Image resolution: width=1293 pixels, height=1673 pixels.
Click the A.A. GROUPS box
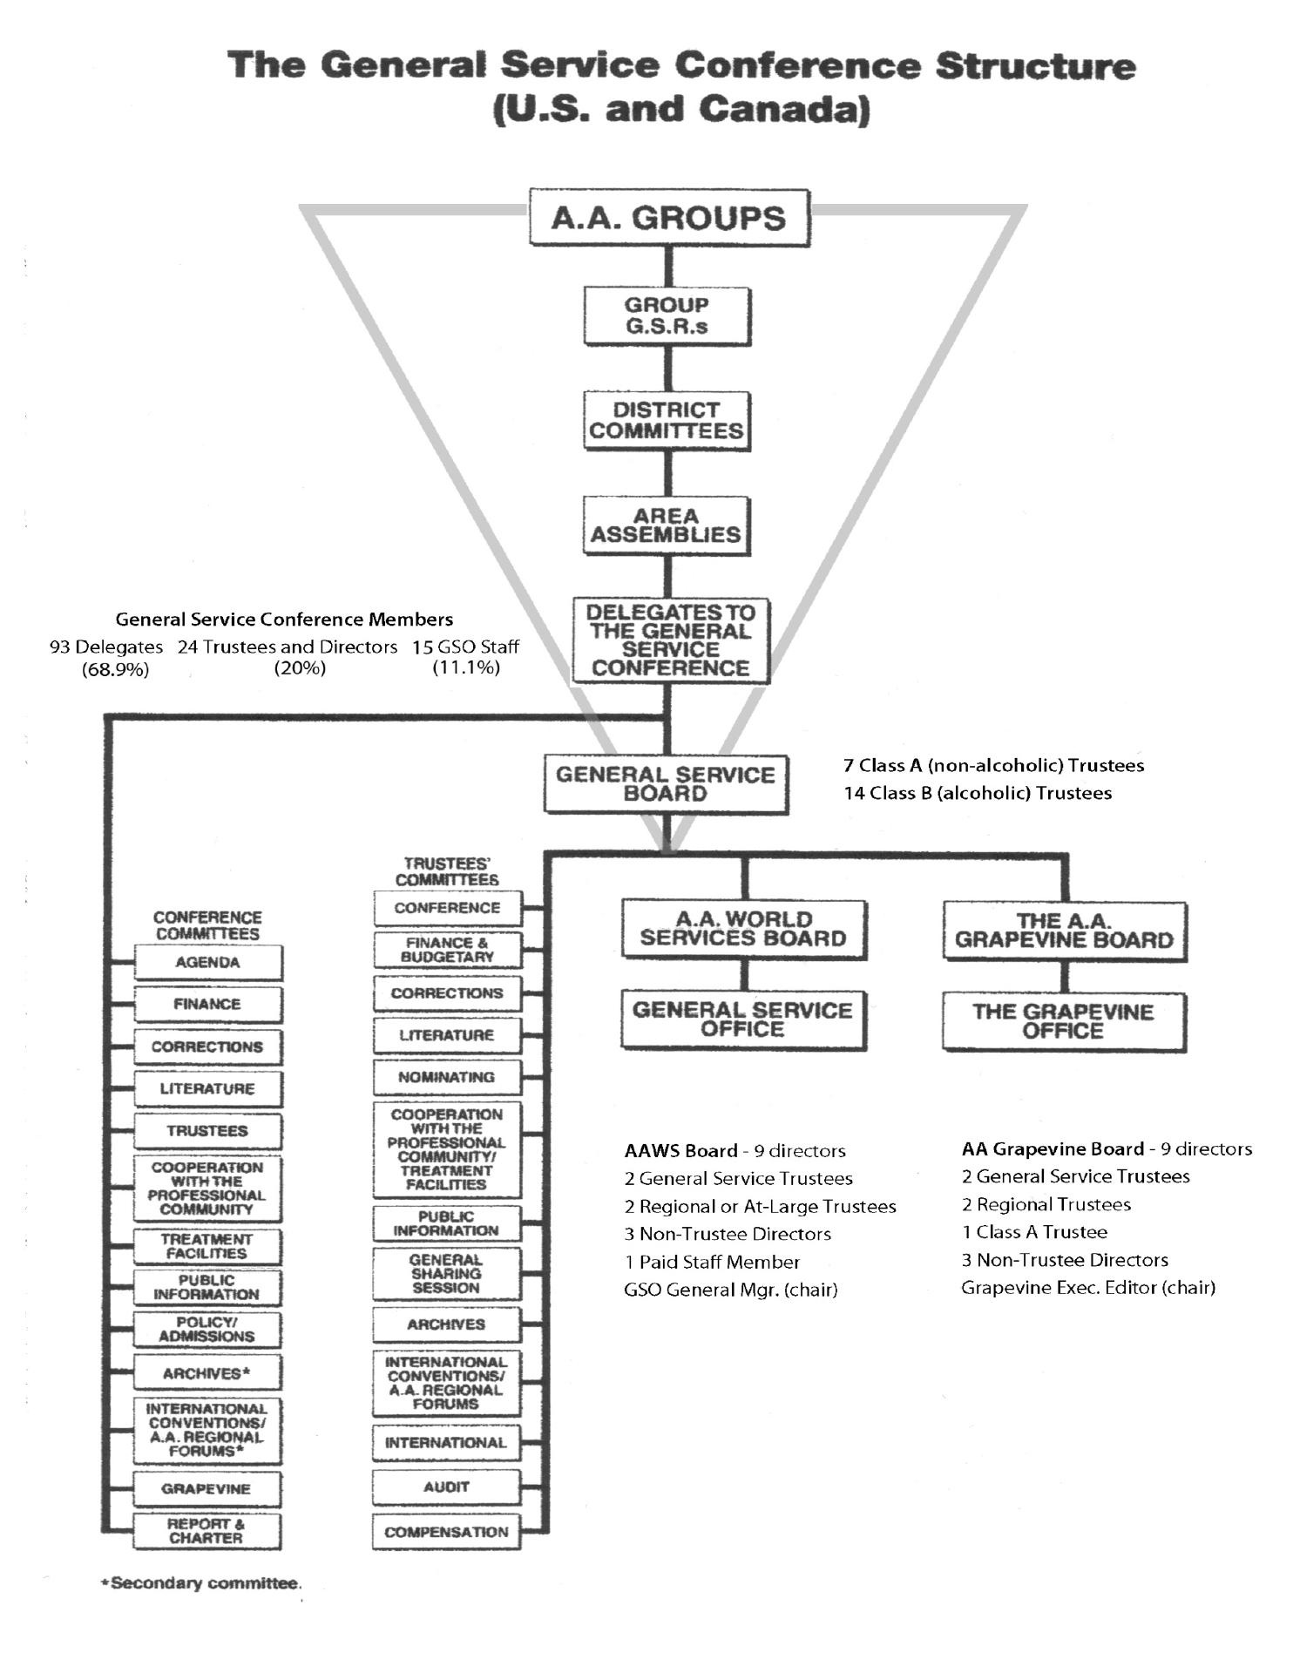[x=669, y=218]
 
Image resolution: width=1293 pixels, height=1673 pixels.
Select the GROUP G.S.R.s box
[x=667, y=315]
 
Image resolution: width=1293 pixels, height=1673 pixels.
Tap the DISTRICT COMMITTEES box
[x=667, y=420]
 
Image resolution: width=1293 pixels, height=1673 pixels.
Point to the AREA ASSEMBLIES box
[x=667, y=525]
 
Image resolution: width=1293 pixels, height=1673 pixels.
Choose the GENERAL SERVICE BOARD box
[x=666, y=784]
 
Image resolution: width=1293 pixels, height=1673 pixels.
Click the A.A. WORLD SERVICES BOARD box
[x=743, y=930]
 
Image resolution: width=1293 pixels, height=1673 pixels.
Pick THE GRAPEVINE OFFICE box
[x=1064, y=1021]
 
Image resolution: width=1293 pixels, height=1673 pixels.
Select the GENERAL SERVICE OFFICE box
[x=743, y=1019]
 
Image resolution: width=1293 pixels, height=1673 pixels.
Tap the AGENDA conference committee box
[x=207, y=963]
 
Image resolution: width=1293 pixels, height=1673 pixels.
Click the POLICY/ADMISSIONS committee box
[x=207, y=1330]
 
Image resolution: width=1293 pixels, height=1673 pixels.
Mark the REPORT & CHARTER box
[x=207, y=1531]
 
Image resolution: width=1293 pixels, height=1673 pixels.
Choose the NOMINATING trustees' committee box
[x=447, y=1078]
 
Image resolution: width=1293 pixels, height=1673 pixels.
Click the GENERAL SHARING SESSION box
[x=446, y=1274]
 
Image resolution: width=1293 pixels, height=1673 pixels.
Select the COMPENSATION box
[x=446, y=1533]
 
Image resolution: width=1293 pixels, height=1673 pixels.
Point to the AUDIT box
[x=446, y=1487]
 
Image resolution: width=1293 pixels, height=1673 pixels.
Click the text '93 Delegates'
[x=106, y=647]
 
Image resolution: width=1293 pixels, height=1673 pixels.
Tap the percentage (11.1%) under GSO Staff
[x=466, y=667]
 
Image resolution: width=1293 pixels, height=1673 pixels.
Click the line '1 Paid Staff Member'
[x=712, y=1262]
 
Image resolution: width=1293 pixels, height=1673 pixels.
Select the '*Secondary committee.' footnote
[x=201, y=1583]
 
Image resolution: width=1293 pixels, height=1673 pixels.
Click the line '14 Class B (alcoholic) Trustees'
[x=978, y=793]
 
